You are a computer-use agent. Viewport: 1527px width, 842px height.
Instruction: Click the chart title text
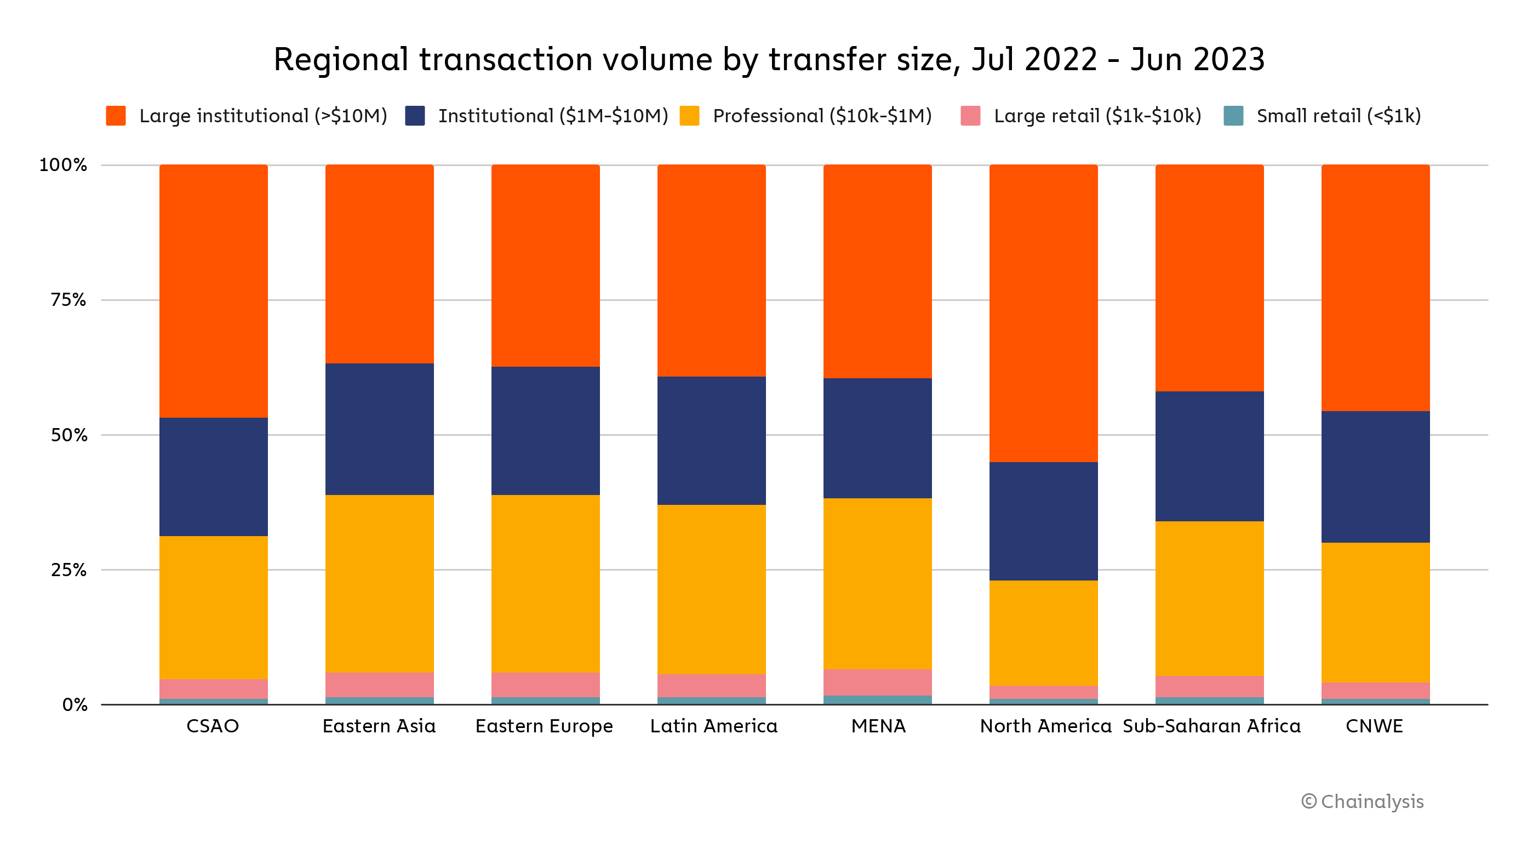[769, 60]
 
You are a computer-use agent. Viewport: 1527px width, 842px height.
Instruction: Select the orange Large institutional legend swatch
[116, 116]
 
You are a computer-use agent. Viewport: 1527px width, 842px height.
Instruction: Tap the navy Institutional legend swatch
[414, 116]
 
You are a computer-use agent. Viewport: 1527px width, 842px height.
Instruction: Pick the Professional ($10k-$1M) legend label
[822, 116]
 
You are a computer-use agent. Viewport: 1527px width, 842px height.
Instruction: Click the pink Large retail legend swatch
[970, 116]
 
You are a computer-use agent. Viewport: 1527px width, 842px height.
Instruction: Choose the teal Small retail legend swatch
[1233, 116]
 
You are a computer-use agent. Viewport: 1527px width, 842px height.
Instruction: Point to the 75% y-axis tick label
[68, 300]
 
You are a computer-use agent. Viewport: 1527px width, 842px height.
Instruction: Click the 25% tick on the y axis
[68, 571]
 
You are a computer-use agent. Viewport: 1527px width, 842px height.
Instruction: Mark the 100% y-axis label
[63, 165]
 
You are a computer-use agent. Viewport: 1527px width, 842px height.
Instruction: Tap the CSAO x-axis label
[212, 726]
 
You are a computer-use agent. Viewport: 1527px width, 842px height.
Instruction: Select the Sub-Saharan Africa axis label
[1211, 726]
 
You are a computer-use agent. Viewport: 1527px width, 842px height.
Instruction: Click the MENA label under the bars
[878, 726]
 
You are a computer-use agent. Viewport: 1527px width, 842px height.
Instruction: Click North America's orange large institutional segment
[1043, 313]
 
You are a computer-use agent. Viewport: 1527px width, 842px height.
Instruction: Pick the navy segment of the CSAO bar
[213, 477]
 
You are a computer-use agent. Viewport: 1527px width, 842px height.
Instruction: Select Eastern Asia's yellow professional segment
[379, 583]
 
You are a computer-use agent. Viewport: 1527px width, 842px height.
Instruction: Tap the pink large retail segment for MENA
[877, 682]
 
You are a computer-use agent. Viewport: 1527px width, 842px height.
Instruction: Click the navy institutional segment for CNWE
[1375, 477]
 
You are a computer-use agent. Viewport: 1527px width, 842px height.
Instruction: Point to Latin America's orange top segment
[711, 270]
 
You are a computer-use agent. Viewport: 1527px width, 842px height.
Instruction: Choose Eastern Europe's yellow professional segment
[545, 583]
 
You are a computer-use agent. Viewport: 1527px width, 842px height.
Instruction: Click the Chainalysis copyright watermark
[1362, 801]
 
